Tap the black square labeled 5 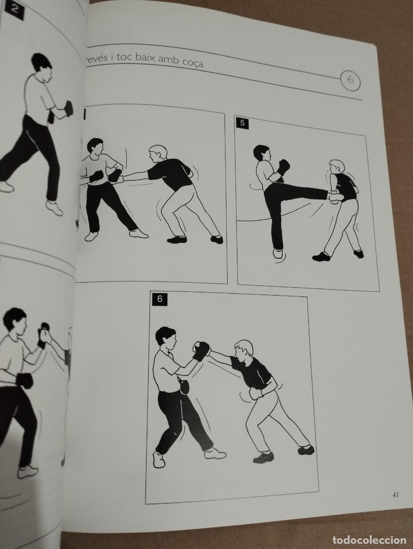(x=242, y=124)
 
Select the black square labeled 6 (x=160, y=299)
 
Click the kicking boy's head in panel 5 (x=262, y=155)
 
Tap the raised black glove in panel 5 (x=283, y=167)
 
